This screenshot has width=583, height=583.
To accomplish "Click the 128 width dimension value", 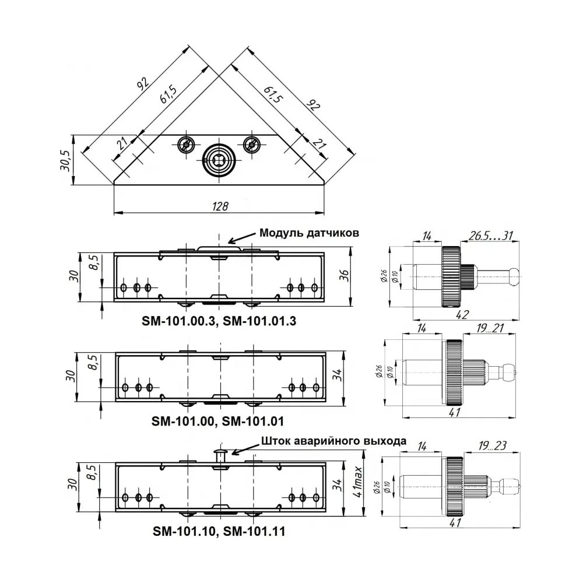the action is [x=220, y=206].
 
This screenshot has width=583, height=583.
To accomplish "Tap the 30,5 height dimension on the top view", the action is [x=65, y=160].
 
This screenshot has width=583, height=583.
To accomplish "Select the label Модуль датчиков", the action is [x=310, y=233].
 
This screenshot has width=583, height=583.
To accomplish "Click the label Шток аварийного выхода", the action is [x=333, y=441].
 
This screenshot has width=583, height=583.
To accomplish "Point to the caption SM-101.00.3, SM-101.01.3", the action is [x=219, y=321].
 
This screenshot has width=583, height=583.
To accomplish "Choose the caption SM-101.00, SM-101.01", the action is [x=217, y=422].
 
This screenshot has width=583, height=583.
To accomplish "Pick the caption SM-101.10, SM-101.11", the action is [x=219, y=531].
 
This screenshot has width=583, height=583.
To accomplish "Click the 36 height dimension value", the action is [x=345, y=275].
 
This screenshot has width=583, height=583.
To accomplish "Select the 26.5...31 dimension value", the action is [x=490, y=236].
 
